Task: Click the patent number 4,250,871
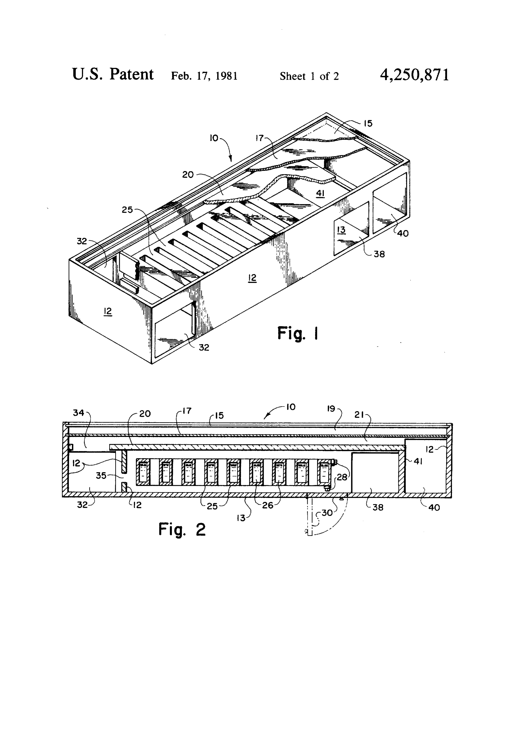coord(414,75)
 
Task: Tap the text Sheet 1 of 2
coord(309,76)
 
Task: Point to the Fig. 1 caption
coord(297,333)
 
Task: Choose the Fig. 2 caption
coord(182,529)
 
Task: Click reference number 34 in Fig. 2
coord(78,413)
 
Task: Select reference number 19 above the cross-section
coord(331,409)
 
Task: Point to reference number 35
coord(101,476)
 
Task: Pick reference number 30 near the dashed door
coord(327,513)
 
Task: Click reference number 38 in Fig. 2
coord(378,507)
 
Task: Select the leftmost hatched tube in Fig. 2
coord(143,472)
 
